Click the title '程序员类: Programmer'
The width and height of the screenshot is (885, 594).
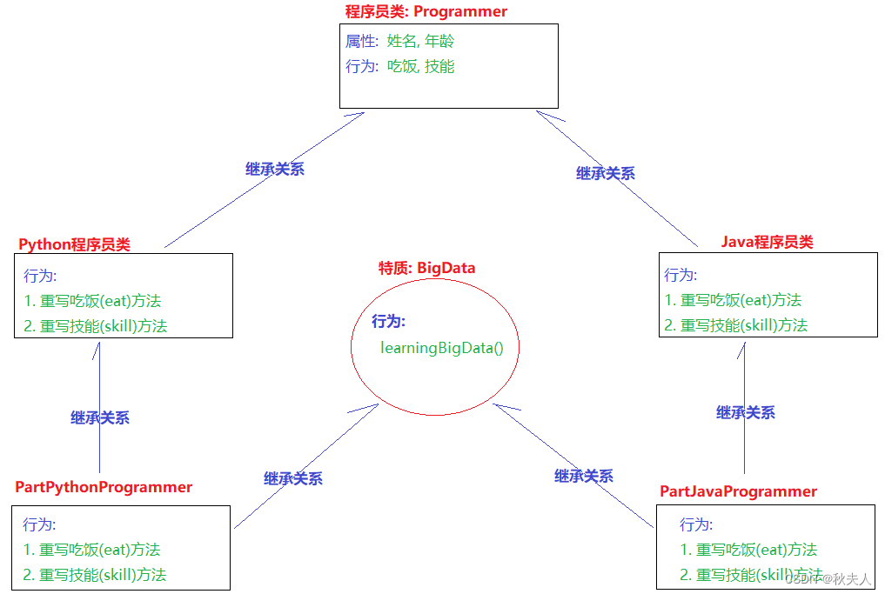tap(426, 11)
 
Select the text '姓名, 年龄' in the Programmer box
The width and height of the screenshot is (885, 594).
tap(420, 41)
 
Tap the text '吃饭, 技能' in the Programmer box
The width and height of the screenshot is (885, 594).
tap(420, 66)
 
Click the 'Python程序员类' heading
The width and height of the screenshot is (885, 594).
tap(74, 244)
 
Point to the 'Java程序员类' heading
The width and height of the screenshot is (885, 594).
tap(767, 242)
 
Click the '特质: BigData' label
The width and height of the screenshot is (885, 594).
tap(426, 268)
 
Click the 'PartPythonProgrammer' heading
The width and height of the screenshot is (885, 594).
tap(104, 487)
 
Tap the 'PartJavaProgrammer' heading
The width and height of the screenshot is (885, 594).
tap(738, 491)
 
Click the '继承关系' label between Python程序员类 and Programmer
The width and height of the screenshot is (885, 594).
tap(275, 170)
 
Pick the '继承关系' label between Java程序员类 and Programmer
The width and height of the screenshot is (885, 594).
tap(606, 173)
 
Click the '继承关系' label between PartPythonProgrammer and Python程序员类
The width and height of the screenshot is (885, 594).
tap(100, 418)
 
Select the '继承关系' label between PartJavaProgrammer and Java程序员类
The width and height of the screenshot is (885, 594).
tap(746, 413)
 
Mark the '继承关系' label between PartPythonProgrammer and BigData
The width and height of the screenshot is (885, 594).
tap(293, 478)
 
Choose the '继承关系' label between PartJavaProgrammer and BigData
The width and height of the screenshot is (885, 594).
tap(584, 476)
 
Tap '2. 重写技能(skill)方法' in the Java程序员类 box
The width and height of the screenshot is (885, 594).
tap(735, 325)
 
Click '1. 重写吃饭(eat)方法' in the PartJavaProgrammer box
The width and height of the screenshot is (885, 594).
tap(748, 550)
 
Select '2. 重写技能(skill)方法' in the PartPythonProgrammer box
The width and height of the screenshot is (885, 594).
tap(94, 574)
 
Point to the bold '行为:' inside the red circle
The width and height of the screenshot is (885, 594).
tap(388, 322)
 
